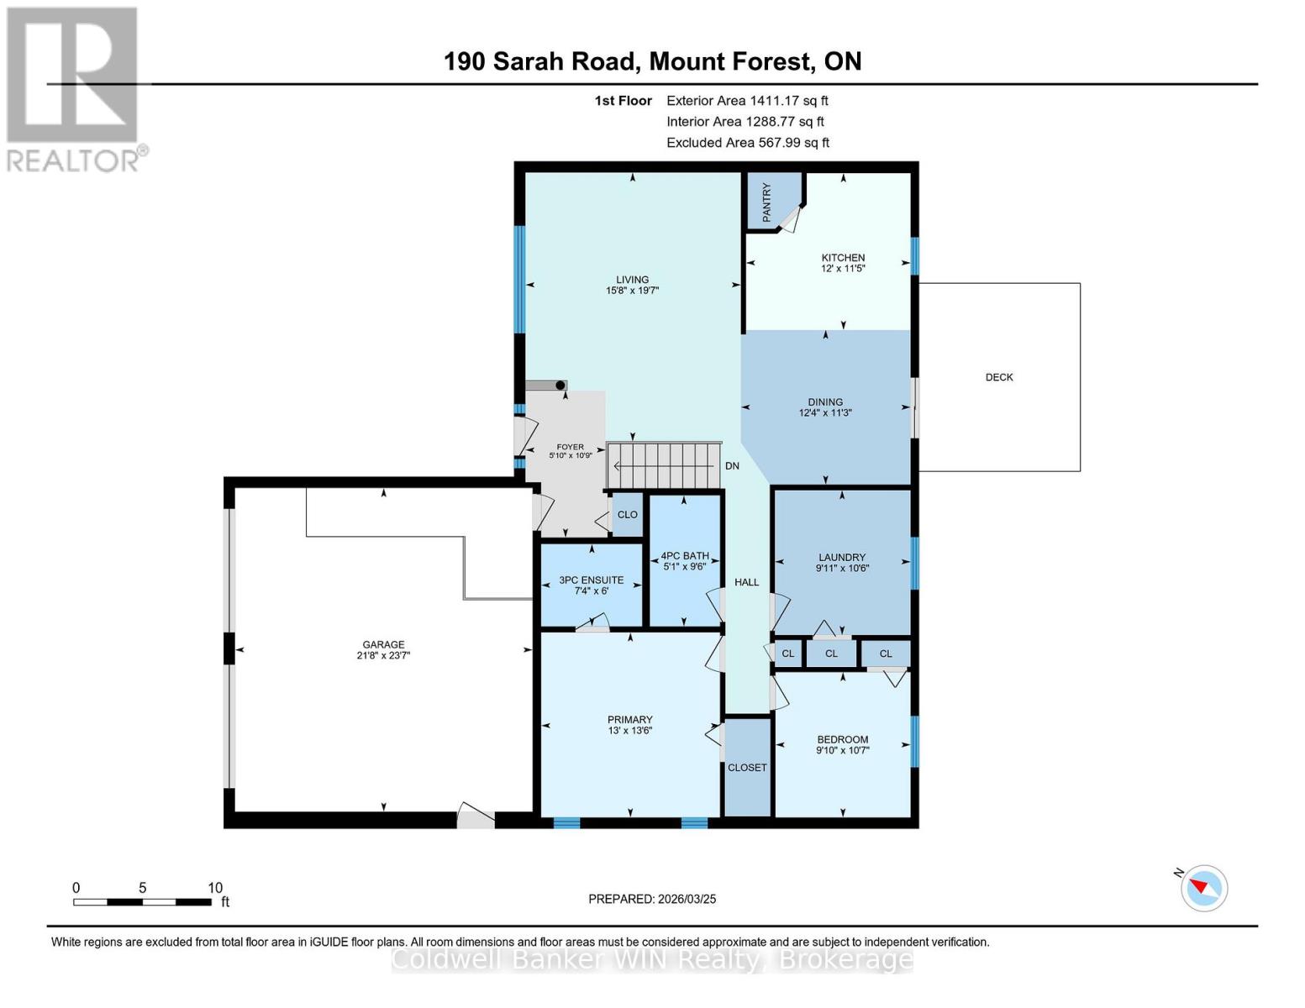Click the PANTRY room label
pos(766,202)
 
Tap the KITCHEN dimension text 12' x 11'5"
pos(843,269)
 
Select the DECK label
pos(999,377)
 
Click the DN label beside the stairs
pos(732,466)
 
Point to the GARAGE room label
pos(383,644)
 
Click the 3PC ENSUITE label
pos(592,580)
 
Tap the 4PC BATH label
pos(685,556)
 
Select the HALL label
pos(746,582)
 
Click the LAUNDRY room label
pos(842,557)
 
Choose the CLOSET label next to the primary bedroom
pos(747,768)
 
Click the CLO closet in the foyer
pos(628,515)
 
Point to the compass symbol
pos(1203,888)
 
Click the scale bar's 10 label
pos(215,888)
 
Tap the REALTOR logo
pos(74,89)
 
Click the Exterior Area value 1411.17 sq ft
pos(788,101)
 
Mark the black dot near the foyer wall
pos(560,386)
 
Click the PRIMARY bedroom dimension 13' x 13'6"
pos(630,731)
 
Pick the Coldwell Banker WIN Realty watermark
pos(652,959)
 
